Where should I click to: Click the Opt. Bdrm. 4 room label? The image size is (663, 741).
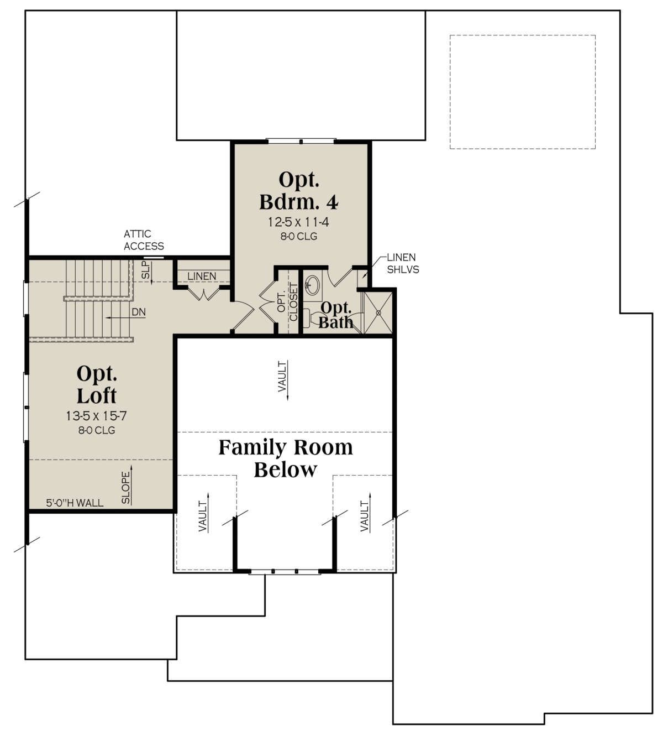pyautogui.click(x=298, y=191)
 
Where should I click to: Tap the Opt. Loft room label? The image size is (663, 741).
pyautogui.click(x=97, y=384)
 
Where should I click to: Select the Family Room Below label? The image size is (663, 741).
pyautogui.click(x=286, y=458)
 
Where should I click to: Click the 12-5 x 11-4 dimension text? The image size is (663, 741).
pyautogui.click(x=298, y=222)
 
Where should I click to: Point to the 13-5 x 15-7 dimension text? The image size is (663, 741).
pyautogui.click(x=97, y=416)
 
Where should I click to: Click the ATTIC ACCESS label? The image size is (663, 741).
pyautogui.click(x=144, y=240)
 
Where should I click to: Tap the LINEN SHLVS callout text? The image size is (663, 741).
pyautogui.click(x=403, y=263)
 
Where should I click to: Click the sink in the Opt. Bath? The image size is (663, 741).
pyautogui.click(x=312, y=284)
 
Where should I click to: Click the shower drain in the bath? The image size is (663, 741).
pyautogui.click(x=378, y=313)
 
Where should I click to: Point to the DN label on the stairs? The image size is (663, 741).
pyautogui.click(x=139, y=312)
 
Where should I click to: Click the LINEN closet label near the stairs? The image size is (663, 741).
pyautogui.click(x=202, y=276)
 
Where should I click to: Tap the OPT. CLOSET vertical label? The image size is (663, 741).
pyautogui.click(x=288, y=302)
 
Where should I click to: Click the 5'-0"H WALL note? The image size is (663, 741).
pyautogui.click(x=75, y=503)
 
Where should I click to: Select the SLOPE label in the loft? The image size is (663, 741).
pyautogui.click(x=125, y=488)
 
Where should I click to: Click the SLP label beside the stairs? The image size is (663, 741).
pyautogui.click(x=145, y=270)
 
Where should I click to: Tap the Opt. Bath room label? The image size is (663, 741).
pyautogui.click(x=335, y=315)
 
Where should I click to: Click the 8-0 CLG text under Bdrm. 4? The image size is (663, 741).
pyautogui.click(x=298, y=236)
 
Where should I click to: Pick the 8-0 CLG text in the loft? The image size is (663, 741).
pyautogui.click(x=97, y=430)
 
